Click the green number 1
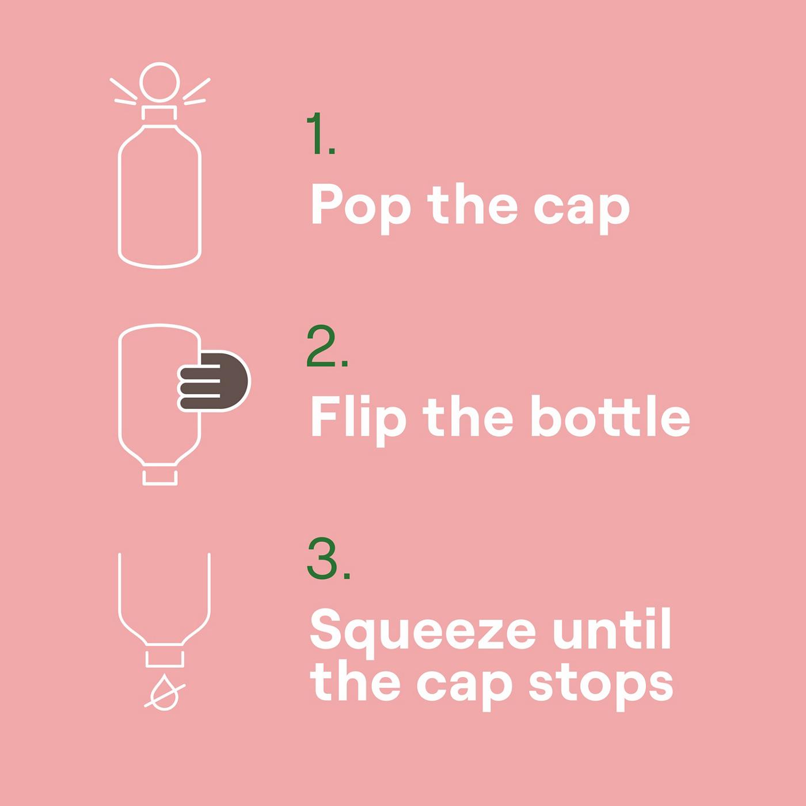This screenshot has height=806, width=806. [321, 133]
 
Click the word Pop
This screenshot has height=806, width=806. [360, 208]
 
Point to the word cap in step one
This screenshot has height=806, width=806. [582, 211]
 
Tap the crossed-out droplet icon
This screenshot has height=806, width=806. [165, 693]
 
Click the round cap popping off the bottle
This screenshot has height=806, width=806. [159, 83]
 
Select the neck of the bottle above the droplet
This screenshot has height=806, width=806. [165, 659]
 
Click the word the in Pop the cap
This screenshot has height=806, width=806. [473, 206]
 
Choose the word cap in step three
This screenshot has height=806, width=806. [465, 691]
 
